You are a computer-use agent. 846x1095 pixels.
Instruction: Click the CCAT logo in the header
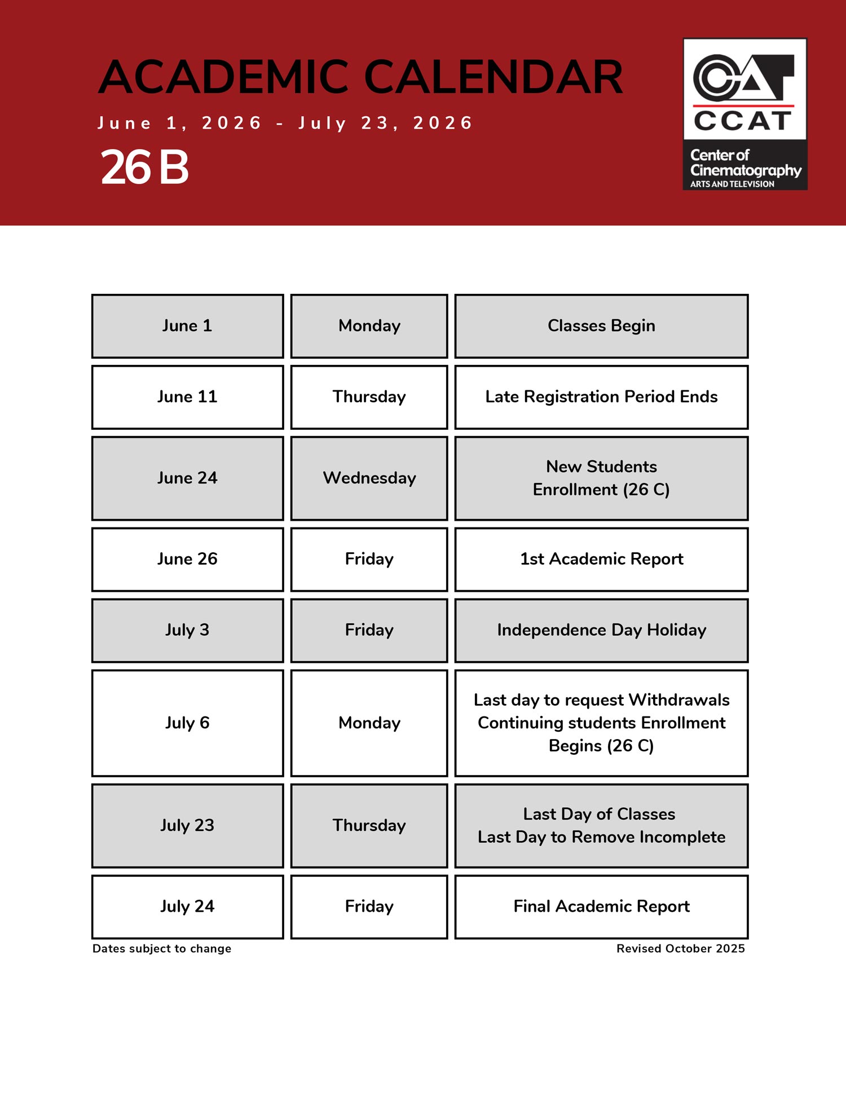point(744,113)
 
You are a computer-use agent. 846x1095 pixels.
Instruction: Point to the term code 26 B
point(144,168)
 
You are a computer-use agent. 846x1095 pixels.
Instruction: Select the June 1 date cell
point(187,326)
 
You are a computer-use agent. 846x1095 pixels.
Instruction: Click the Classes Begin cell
point(601,326)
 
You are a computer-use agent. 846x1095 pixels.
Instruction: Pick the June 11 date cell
point(187,397)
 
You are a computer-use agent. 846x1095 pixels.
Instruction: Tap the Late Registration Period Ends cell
point(601,397)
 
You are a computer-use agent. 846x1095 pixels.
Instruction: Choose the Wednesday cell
point(369,478)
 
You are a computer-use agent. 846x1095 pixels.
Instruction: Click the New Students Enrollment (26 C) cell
point(601,478)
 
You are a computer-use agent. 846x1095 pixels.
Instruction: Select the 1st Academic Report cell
point(601,559)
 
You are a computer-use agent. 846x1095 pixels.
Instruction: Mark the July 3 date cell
point(187,630)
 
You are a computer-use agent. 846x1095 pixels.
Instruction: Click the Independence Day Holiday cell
point(601,630)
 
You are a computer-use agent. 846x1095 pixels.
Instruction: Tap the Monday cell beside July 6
point(369,723)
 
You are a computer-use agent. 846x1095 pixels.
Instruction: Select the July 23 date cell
point(187,825)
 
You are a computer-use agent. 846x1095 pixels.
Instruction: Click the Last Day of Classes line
point(599,814)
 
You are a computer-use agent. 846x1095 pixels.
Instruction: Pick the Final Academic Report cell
point(601,907)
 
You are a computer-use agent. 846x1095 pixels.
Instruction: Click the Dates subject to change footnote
point(162,949)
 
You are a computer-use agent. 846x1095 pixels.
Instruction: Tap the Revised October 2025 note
point(680,949)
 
